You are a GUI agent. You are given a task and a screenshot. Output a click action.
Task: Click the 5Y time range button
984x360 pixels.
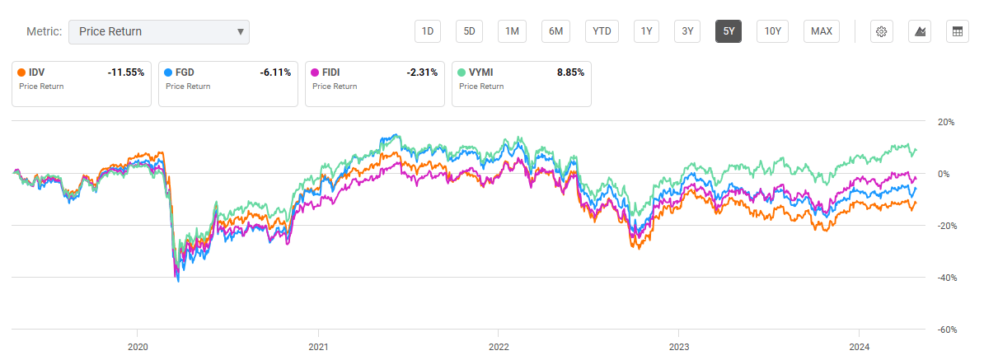coord(729,31)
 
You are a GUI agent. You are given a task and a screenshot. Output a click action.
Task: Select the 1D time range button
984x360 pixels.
coord(428,31)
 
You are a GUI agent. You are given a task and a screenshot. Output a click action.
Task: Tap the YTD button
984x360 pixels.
coord(602,31)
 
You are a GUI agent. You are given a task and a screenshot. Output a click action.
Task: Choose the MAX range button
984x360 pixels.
coord(821,31)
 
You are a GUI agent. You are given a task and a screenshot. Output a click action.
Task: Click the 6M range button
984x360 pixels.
coord(556,31)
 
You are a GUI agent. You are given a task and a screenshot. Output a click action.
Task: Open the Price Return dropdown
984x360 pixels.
coord(158,31)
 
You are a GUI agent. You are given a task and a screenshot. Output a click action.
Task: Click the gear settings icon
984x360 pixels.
coord(881,31)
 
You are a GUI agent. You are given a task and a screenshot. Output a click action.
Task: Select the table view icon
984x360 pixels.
coord(957,31)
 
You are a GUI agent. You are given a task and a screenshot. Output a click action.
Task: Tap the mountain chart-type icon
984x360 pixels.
coord(920,31)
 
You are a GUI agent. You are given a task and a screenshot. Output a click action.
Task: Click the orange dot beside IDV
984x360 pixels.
coord(21,72)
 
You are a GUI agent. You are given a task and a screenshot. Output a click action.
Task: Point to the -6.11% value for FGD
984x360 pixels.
coord(274,72)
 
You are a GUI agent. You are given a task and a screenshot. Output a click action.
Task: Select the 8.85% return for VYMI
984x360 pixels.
coord(570,72)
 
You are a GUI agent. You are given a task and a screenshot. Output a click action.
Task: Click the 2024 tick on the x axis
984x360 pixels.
coord(860,347)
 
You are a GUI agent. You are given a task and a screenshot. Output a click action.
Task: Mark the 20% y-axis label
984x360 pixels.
coord(945,122)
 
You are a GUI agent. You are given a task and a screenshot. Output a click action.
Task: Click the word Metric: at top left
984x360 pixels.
coord(44,31)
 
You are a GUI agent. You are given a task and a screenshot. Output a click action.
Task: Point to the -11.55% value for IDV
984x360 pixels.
coord(125,72)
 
